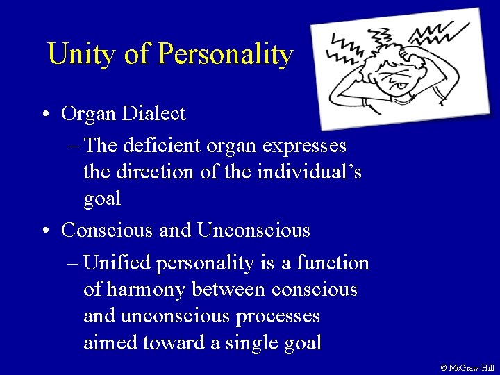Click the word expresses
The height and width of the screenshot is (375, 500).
[303, 146]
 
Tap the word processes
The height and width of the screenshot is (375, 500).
[278, 316]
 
